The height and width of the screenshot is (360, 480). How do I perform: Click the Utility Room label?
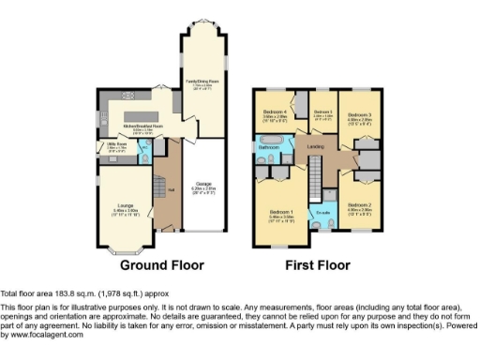coord(116,144)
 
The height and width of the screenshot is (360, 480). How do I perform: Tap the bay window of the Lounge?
coord(125,249)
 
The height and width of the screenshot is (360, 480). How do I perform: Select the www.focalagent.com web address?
coord(42,334)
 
